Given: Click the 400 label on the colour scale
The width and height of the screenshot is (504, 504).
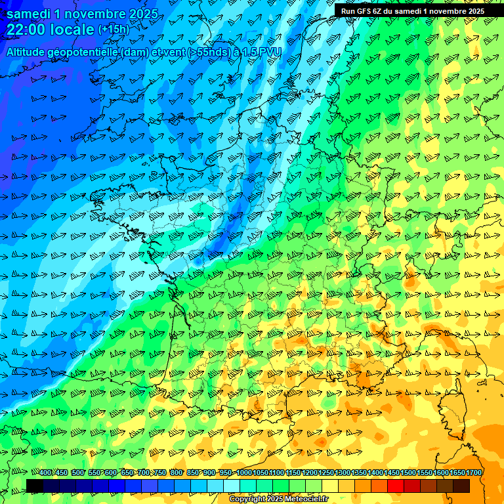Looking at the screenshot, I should coord(45,472).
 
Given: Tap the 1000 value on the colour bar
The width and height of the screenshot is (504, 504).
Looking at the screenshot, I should coord(244,472).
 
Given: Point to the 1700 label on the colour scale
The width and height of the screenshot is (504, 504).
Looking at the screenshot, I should coord(474,472).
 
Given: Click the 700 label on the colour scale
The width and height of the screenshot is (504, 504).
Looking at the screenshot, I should coord(144,472).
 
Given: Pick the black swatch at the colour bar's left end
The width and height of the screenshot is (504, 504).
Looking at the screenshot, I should coord(35,486).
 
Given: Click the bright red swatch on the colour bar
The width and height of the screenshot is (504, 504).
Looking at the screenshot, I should coord(396,486).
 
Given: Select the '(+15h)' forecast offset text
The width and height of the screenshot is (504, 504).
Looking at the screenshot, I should coord(114,30).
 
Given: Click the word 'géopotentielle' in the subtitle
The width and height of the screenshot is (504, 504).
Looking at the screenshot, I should coord(83,52).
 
